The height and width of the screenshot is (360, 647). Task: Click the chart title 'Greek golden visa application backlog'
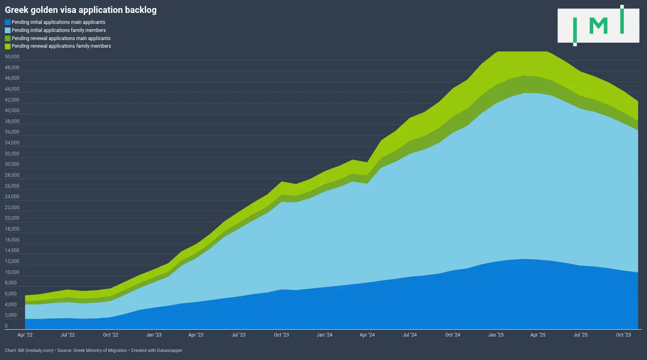[x=80, y=10]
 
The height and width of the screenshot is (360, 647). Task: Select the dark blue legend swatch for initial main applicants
[x=8, y=22]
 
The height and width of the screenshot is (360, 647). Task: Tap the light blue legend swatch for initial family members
[x=8, y=30]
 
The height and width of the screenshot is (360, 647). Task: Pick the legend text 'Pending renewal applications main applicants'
[x=61, y=38]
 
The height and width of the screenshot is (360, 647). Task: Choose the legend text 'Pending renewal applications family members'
[x=61, y=46]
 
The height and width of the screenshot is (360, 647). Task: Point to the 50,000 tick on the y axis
[x=12, y=57]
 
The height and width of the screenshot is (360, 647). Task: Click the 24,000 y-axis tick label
[x=12, y=197]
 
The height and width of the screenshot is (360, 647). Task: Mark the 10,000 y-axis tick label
[x=12, y=272]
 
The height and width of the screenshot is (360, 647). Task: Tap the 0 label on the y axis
[x=6, y=326]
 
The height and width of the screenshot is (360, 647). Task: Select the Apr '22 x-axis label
[x=25, y=335]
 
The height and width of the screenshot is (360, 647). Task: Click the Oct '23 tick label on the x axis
[x=281, y=335]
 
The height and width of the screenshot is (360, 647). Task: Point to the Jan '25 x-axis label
[x=496, y=335]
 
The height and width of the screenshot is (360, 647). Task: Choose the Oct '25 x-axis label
[x=623, y=335]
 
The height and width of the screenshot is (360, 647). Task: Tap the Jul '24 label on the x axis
[x=410, y=335]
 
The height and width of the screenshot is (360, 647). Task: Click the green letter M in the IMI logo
[x=598, y=26]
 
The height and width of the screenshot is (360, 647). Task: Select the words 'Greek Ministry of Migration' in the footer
[x=100, y=350]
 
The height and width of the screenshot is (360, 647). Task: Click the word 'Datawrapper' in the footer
[x=169, y=350]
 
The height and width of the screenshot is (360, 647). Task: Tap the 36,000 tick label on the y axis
[x=12, y=132]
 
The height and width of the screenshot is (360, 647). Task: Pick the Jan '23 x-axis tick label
[x=154, y=335]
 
